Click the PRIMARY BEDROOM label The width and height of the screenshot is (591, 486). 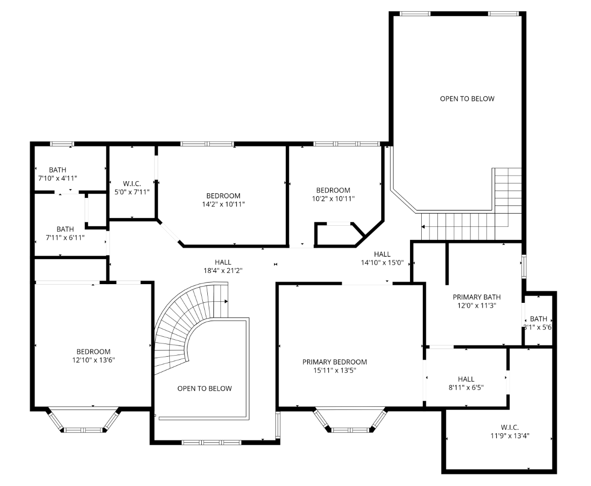click(x=335, y=362)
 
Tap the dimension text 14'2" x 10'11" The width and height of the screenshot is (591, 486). click(x=224, y=204)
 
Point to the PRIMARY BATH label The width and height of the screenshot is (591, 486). click(x=477, y=297)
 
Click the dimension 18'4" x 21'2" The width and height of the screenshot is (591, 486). click(x=223, y=270)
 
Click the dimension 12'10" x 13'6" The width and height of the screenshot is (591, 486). click(x=93, y=360)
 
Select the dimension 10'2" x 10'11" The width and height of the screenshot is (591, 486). click(x=333, y=198)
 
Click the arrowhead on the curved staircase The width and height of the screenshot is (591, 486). click(x=226, y=301)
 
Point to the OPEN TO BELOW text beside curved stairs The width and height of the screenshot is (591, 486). click(x=205, y=389)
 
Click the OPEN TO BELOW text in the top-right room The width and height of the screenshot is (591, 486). click(x=467, y=99)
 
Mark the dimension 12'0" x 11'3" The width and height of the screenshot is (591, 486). click(x=477, y=305)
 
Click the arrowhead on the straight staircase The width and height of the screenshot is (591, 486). click(x=423, y=227)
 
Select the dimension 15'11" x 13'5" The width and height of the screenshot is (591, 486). click(x=335, y=370)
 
